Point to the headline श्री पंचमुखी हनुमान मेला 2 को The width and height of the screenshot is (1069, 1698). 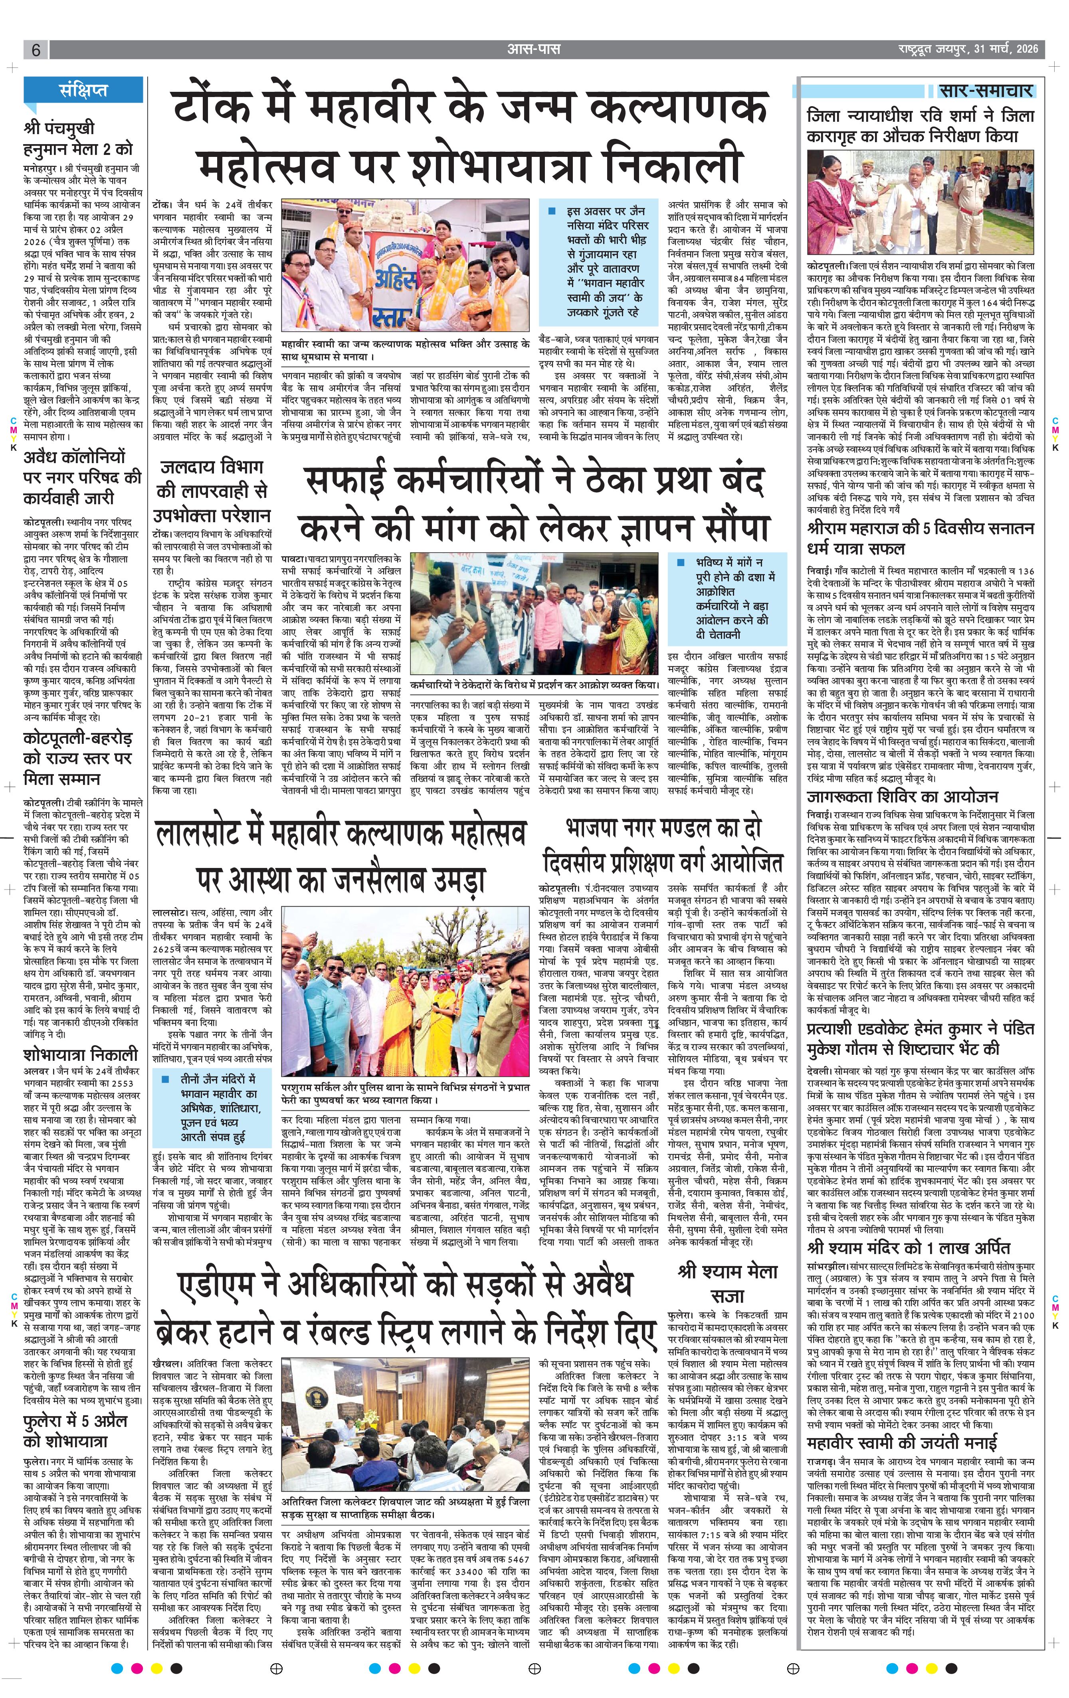point(77,139)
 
